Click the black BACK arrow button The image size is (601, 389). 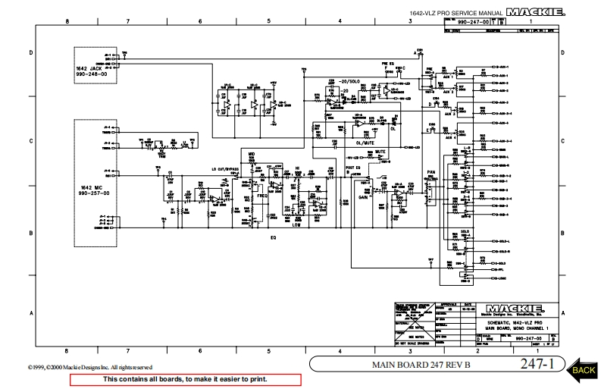click(582, 369)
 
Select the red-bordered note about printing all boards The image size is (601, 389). click(185, 378)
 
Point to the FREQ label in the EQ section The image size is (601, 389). click(262, 196)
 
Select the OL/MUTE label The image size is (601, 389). click(366, 141)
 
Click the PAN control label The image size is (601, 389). click(431, 173)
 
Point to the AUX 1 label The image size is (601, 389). click(449, 76)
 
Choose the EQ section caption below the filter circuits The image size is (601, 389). click(273, 237)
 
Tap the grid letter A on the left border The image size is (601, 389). click(31, 312)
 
